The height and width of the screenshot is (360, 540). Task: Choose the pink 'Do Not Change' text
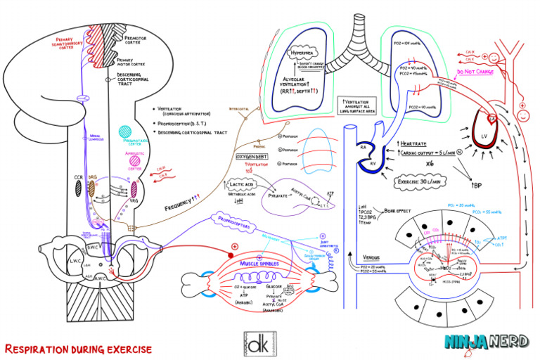pyautogui.click(x=475, y=71)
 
